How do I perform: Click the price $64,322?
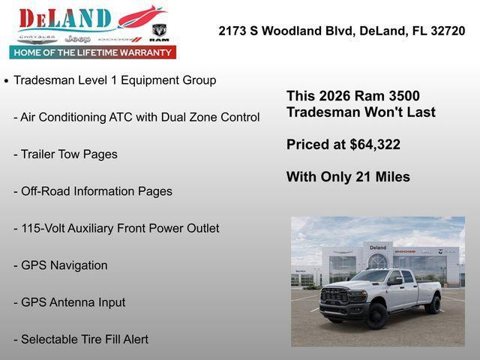coord(375,145)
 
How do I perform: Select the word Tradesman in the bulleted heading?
coord(44,80)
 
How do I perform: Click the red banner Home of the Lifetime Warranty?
coord(93,52)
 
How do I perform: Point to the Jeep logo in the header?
coord(77,37)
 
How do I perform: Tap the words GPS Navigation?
coord(64,265)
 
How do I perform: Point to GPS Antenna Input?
coord(73,302)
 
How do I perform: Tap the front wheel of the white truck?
coord(377,315)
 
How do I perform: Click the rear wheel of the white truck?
coord(433,304)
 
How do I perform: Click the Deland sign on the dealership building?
coord(377,247)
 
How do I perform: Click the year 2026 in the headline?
coord(335,96)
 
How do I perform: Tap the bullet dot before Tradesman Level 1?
coord(7,80)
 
